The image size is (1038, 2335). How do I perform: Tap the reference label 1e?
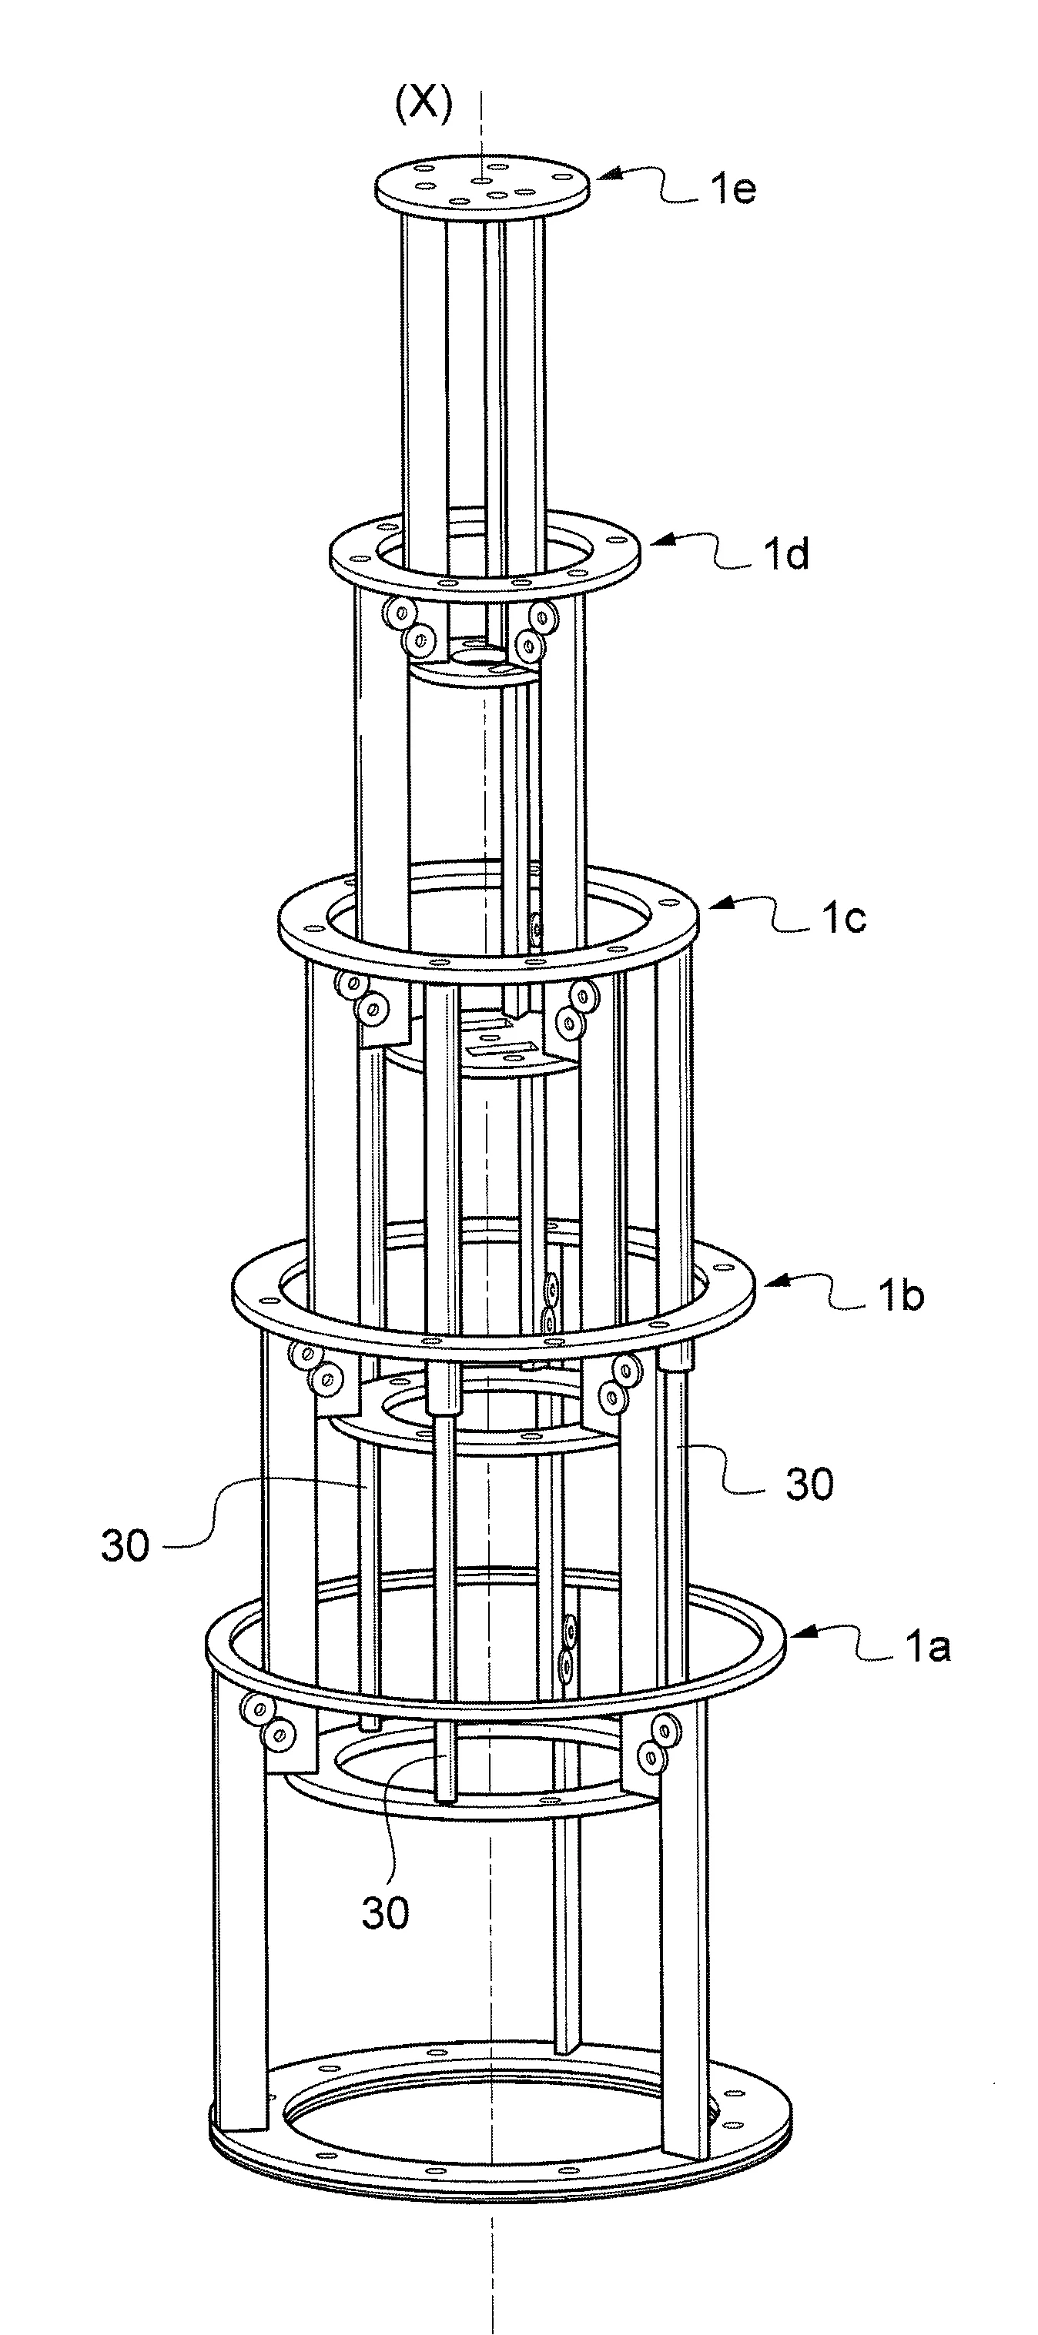[732, 189]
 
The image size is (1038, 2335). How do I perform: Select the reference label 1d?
[785, 554]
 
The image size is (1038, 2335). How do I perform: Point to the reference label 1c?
[843, 918]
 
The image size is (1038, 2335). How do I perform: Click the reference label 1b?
[900, 1296]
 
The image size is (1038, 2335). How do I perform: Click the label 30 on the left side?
[125, 1545]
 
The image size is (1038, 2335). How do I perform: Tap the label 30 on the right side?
[809, 1485]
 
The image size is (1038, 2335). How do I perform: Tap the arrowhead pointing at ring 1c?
[716, 904]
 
